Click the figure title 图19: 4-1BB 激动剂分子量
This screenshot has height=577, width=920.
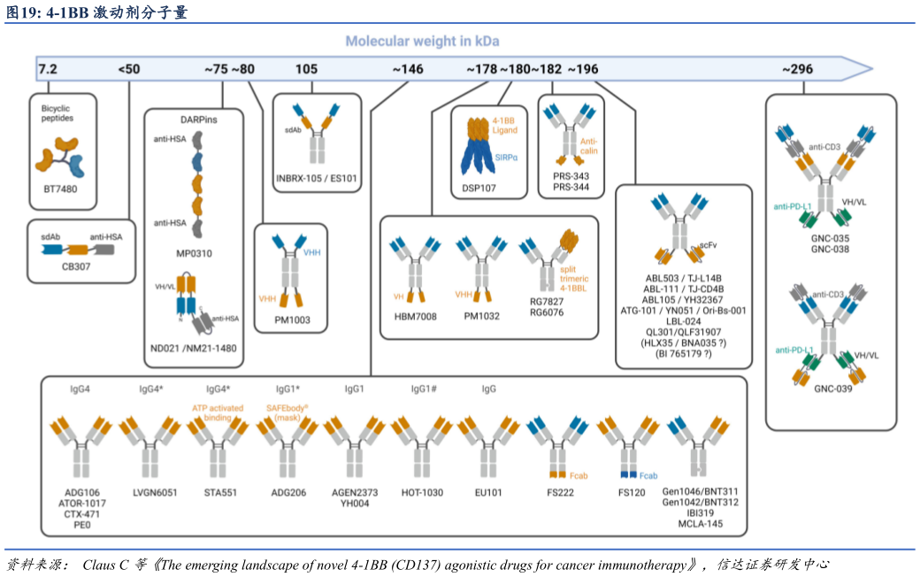coord(96,12)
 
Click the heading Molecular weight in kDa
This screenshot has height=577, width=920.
coord(422,42)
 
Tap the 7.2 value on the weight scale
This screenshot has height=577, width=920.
coord(47,68)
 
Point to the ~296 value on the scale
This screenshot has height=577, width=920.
coord(797,69)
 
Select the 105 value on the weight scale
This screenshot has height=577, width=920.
coord(306,69)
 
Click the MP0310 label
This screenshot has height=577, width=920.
coord(194,253)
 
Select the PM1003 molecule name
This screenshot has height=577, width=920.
coord(292,320)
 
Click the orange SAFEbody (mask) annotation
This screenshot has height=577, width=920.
coord(283,412)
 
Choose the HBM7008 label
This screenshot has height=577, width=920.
coord(415,316)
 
